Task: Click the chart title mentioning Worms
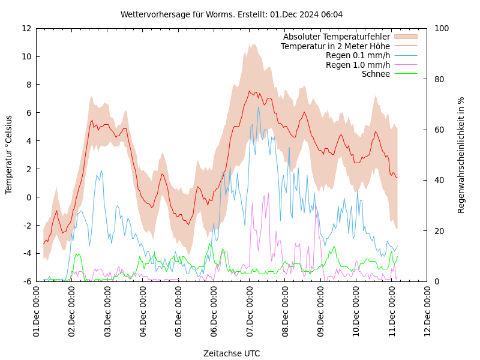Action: [232, 14]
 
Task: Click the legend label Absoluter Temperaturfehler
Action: [336, 37]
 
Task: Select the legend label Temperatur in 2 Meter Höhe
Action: [335, 46]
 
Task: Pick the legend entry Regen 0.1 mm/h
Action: [358, 55]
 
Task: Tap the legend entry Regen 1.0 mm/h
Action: [358, 65]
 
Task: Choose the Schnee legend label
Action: [376, 74]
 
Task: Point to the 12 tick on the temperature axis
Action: [26, 28]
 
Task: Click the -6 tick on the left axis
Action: [26, 281]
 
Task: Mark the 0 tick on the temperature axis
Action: [28, 197]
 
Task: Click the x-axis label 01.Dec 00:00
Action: [37, 311]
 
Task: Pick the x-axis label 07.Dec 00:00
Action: [250, 311]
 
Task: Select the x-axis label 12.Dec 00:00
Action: [427, 311]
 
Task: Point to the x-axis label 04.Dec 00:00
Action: [143, 311]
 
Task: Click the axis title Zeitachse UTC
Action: [232, 353]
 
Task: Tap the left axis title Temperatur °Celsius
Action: [9, 155]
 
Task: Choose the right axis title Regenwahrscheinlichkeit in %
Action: [461, 155]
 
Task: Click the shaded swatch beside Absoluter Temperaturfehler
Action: [406, 37]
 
